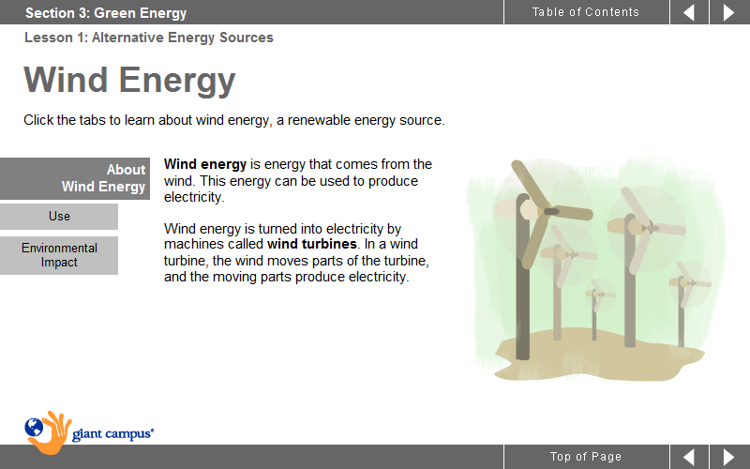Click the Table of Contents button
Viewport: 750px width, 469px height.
(x=586, y=12)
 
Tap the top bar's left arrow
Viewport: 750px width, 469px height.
(x=689, y=12)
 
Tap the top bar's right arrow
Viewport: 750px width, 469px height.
(x=729, y=12)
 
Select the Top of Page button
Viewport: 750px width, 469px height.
(x=586, y=457)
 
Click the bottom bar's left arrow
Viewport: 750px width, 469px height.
(x=689, y=457)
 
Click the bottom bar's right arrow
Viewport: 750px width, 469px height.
(x=729, y=457)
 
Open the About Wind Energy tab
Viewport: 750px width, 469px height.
(x=75, y=178)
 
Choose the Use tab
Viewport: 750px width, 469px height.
(x=59, y=217)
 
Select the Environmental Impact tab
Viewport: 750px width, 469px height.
(x=59, y=255)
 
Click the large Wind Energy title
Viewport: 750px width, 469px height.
(x=129, y=80)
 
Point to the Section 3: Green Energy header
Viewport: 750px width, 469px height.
(x=106, y=13)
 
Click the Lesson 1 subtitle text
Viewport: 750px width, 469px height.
(x=149, y=38)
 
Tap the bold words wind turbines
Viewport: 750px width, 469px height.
(x=312, y=244)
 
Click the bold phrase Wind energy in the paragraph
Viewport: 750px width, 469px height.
(x=205, y=164)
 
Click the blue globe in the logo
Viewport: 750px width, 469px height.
(x=34, y=428)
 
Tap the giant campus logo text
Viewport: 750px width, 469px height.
(x=112, y=434)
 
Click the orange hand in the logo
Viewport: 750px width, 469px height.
(x=52, y=433)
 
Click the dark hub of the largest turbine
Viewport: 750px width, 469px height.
(x=551, y=211)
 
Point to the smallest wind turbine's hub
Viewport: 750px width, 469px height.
(x=595, y=294)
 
